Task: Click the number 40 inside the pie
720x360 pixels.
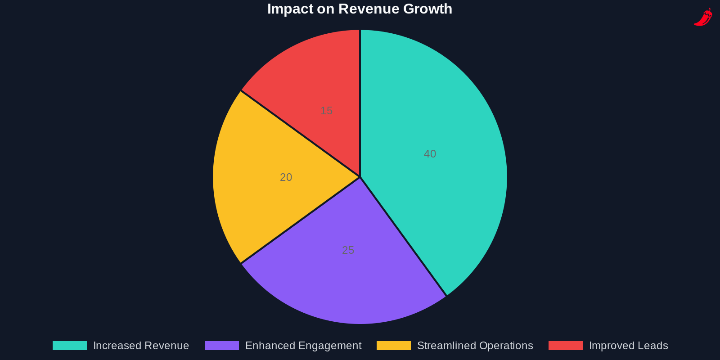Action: (430, 154)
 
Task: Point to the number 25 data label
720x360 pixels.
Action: (348, 250)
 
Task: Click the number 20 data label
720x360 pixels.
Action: (286, 177)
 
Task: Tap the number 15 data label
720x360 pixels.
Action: (326, 111)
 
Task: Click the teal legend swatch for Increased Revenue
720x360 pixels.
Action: (70, 346)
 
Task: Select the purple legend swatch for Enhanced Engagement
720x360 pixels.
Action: (222, 346)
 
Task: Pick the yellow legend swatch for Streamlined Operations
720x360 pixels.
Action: (394, 346)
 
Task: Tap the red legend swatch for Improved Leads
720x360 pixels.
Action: (566, 346)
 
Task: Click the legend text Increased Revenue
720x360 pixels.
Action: (141, 346)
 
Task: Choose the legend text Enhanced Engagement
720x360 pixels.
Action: (303, 346)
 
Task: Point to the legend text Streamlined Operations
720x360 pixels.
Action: (475, 346)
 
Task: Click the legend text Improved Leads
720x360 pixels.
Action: (628, 346)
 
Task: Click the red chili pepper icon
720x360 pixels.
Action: (703, 17)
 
